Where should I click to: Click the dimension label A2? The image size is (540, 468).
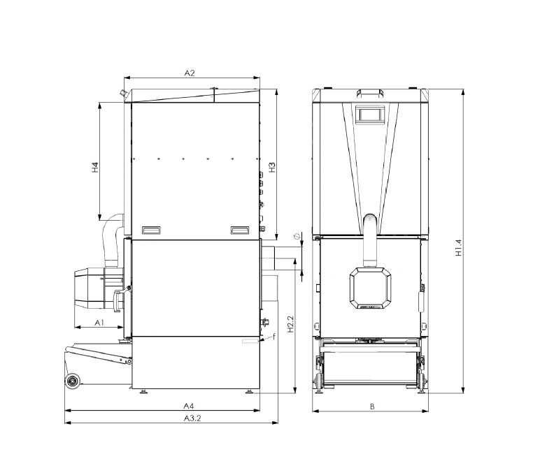click(x=189, y=72)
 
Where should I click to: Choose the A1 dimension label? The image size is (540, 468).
click(x=99, y=322)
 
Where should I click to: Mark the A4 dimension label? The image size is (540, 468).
click(x=188, y=405)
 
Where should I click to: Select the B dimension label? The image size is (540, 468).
click(x=372, y=406)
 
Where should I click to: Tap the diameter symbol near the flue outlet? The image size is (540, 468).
click(x=297, y=235)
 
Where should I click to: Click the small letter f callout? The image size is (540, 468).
click(x=273, y=337)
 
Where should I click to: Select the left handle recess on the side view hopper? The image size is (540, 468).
click(x=151, y=229)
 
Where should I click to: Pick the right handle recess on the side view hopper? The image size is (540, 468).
click(x=239, y=229)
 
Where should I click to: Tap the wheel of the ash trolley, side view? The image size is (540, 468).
click(x=72, y=381)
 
